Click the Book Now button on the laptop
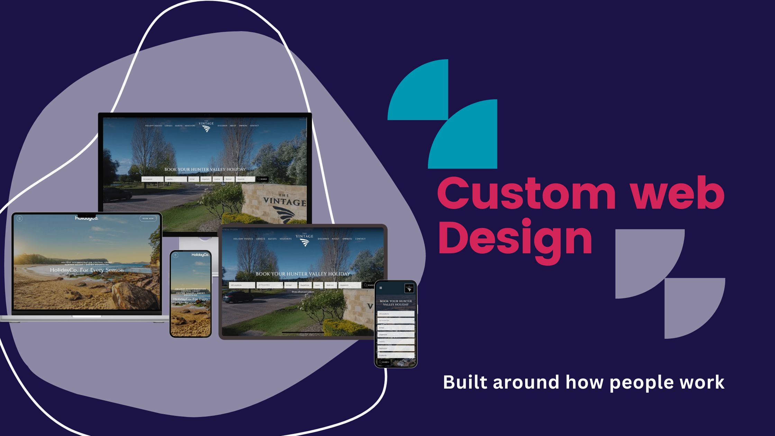pos(148,218)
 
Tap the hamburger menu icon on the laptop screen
pos(19,218)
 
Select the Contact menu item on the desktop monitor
pos(254,126)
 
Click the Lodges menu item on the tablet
pos(261,239)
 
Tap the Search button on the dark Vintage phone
pos(384,362)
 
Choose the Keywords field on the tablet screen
pos(350,285)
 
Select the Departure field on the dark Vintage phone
pos(396,335)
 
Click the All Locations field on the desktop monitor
pos(152,179)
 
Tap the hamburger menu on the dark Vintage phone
pos(381,288)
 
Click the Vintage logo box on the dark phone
pos(409,288)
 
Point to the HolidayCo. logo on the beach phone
pos(200,255)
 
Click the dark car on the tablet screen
pos(239,297)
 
